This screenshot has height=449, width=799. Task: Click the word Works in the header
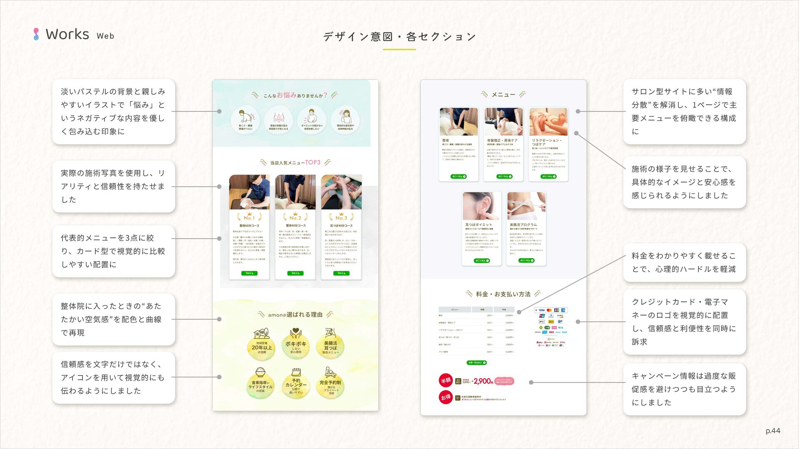[67, 35]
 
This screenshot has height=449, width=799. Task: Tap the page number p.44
[773, 431]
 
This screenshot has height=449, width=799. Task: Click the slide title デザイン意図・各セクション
[399, 37]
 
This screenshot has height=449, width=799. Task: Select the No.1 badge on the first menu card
[249, 217]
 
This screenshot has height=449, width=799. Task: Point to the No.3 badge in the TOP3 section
[341, 217]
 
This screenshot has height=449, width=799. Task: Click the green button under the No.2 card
[295, 273]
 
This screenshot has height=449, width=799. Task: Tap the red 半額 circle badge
[446, 380]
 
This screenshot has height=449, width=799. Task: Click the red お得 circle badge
[446, 397]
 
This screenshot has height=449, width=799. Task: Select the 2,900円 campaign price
[483, 381]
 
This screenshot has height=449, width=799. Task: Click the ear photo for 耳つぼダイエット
[481, 206]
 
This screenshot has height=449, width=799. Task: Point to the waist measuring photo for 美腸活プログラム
[526, 206]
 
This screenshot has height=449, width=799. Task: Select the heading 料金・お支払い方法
[503, 294]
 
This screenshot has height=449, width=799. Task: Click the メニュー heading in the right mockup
[503, 95]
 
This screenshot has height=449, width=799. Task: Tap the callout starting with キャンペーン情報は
[684, 389]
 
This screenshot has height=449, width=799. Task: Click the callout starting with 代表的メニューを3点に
[113, 251]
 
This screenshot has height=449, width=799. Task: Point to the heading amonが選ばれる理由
[295, 315]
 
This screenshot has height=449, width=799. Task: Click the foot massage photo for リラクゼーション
[548, 122]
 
